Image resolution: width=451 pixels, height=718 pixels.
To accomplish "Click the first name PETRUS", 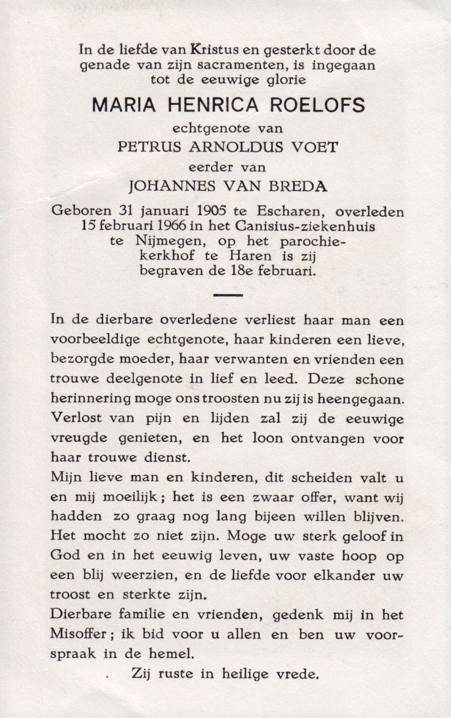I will (x=144, y=146).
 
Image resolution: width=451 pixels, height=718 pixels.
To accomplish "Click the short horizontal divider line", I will (x=228, y=295).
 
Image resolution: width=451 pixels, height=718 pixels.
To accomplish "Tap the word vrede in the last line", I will (x=302, y=674).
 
